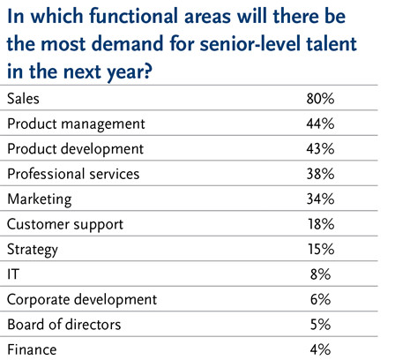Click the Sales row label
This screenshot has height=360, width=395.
click(23, 98)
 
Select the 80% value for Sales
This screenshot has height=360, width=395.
click(320, 98)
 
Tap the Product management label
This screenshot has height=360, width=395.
click(76, 124)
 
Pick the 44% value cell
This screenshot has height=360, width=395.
click(320, 124)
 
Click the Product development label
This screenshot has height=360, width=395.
click(76, 149)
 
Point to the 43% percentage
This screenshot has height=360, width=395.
click(320, 148)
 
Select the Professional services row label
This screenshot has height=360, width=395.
click(73, 174)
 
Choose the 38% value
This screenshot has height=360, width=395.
click(320, 174)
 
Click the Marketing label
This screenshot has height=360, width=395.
click(40, 199)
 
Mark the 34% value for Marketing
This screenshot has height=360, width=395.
click(320, 199)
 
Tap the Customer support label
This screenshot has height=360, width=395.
click(65, 225)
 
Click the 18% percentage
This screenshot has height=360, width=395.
click(321, 224)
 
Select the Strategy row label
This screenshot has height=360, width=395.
click(33, 251)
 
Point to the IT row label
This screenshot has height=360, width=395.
click(13, 274)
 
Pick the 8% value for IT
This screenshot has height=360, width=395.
click(321, 274)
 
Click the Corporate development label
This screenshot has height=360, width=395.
click(82, 300)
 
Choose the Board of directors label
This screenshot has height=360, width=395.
click(64, 325)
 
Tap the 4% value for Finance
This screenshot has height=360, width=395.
click(321, 349)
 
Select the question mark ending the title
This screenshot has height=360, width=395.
click(148, 71)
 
